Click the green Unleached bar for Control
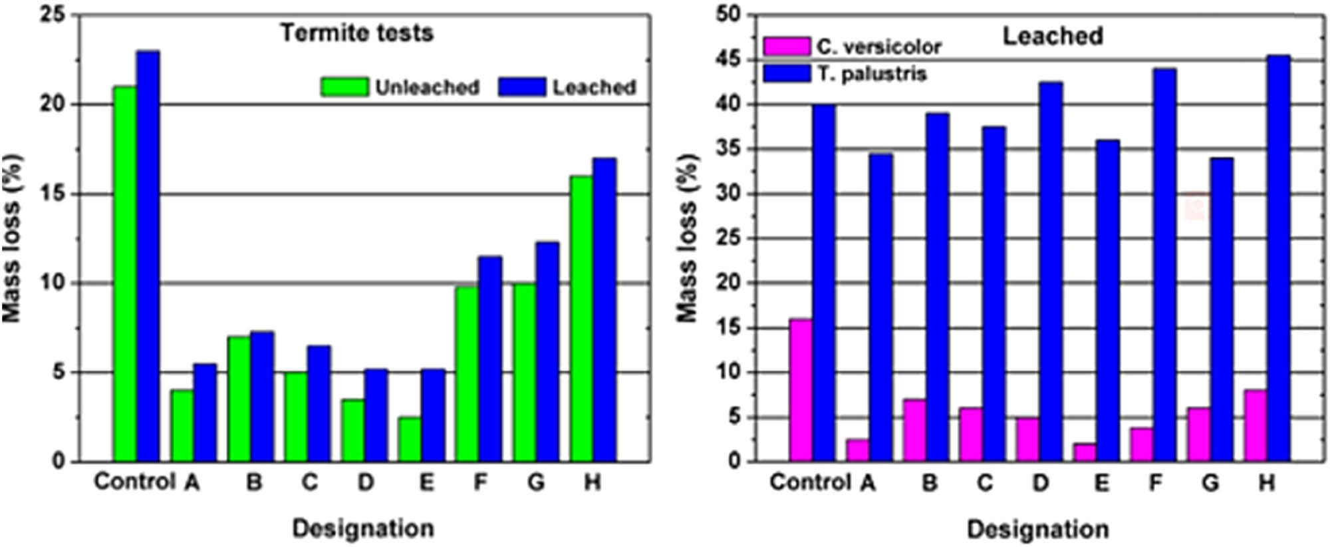tap(124, 273)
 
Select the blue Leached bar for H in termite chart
tap(604, 309)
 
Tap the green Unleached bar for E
tap(410, 439)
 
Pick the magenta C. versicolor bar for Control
tap(800, 390)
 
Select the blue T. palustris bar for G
tap(1221, 309)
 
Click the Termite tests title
tap(356, 33)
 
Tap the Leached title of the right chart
tap(1053, 35)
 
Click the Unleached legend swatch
tap(344, 87)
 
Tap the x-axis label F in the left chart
tap(479, 482)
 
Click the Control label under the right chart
tap(809, 482)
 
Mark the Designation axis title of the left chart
tap(363, 528)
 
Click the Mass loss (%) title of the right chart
tap(688, 238)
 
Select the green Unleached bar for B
tap(239, 399)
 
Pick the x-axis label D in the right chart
tap(1040, 482)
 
